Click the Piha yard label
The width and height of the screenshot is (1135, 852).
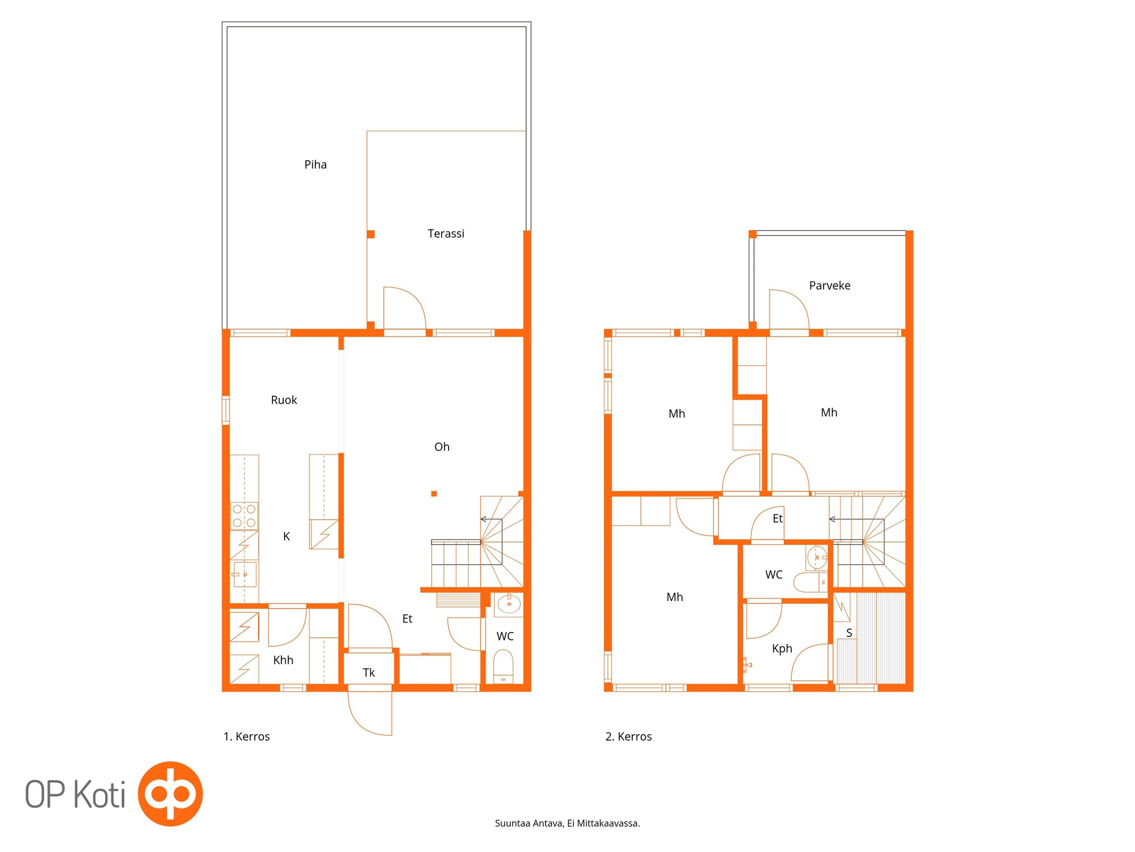(316, 165)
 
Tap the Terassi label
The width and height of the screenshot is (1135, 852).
(446, 233)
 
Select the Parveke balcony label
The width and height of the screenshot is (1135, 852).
(830, 285)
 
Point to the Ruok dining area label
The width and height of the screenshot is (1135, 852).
(284, 400)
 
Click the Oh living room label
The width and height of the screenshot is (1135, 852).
(442, 447)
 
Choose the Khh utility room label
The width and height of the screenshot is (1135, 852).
(283, 660)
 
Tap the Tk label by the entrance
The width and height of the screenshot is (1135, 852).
(369, 673)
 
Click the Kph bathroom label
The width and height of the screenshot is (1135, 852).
(782, 649)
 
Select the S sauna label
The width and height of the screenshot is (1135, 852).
(849, 633)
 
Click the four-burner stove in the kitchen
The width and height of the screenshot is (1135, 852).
(244, 515)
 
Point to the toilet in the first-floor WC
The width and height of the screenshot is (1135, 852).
(503, 666)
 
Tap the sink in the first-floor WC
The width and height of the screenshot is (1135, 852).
(509, 604)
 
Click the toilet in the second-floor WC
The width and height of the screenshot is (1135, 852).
(810, 582)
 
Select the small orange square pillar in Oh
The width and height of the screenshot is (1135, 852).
(434, 494)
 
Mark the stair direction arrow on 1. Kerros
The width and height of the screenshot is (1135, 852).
(491, 519)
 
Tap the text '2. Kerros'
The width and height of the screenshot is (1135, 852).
(628, 736)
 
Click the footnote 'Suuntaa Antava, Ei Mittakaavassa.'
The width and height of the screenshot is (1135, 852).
(567, 823)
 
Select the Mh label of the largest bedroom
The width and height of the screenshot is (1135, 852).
(675, 597)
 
